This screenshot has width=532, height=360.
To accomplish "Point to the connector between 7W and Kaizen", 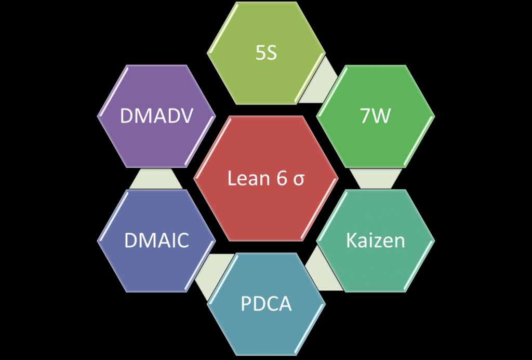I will pos(376,178).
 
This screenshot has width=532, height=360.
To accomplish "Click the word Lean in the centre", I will pos(246,179).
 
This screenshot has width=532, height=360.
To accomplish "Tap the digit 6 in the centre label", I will pos(279,179).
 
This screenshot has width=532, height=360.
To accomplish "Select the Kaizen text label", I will pos(376,241).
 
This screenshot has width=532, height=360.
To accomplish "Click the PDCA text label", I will pos(266,304).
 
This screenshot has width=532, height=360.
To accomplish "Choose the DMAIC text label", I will pos(156,241).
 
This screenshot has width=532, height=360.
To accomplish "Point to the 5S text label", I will pos(266,54).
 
